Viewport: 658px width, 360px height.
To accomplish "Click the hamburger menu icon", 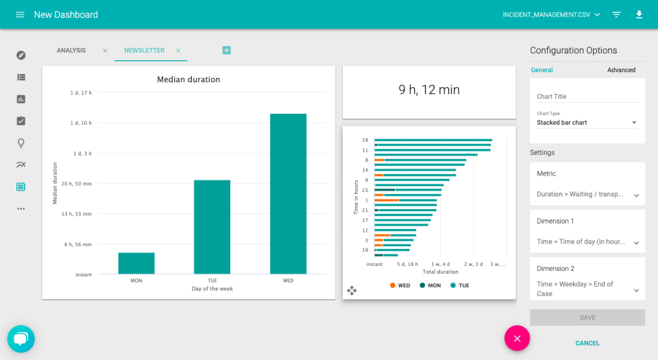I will [20, 14].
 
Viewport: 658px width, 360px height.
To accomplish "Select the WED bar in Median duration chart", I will [288, 194].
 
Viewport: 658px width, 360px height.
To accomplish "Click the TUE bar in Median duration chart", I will [212, 227].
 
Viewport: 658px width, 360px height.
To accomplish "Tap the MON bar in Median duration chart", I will [136, 263].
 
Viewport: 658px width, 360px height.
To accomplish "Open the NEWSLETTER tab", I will [144, 50].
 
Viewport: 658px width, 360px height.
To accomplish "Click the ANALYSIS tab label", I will [71, 50].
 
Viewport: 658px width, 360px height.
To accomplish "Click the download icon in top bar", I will [639, 14].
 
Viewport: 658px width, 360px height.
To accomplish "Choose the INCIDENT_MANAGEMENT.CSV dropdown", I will [551, 14].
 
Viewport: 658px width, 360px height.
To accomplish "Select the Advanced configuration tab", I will [621, 70].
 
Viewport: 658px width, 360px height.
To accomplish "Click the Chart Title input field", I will [587, 97].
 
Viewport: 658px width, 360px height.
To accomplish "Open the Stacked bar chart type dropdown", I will [587, 123].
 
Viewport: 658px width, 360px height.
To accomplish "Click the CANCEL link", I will [587, 343].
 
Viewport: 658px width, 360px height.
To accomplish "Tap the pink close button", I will [517, 338].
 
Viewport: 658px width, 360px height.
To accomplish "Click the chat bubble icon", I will [21, 339].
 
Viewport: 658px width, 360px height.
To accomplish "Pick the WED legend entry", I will [400, 285].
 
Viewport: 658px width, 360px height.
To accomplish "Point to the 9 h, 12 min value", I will [429, 90].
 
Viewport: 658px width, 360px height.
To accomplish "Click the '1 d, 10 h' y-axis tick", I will [81, 123].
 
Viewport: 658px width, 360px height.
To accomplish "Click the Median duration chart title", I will [188, 80].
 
